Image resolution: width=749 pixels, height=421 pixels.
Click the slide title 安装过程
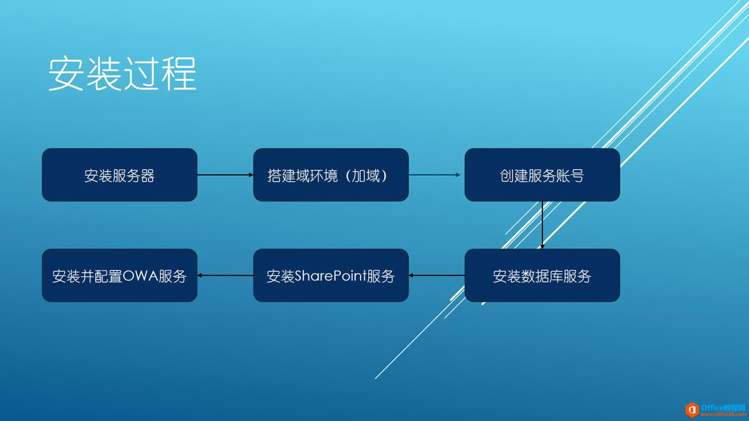coord(122,74)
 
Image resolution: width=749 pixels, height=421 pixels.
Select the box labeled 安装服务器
coord(119,175)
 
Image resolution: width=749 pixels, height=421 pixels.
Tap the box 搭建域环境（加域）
coord(331,175)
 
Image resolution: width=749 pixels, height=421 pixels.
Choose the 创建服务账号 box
coord(542,175)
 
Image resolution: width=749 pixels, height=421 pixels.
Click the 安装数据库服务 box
coord(542,275)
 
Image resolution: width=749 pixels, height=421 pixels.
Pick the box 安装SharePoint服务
coord(331,275)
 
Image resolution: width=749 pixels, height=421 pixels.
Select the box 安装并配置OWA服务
coord(119,275)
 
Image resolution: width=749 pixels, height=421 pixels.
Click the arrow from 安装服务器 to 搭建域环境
coord(225,175)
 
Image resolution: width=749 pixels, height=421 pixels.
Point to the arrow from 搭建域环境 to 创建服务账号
coord(435,175)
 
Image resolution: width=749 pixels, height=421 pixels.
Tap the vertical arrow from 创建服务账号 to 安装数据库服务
coord(542,225)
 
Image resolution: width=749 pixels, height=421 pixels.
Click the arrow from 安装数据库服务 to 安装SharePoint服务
coord(437,275)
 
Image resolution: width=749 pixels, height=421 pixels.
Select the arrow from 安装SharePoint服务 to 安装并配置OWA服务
coord(226,275)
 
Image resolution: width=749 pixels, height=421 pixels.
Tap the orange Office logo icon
coord(692,410)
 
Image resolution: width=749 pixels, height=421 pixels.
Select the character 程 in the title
coord(179,74)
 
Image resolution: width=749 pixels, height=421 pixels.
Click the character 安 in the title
coord(66,74)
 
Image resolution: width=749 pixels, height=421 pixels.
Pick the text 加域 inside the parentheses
coord(366,176)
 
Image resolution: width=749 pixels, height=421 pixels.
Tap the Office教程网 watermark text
coord(723,408)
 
